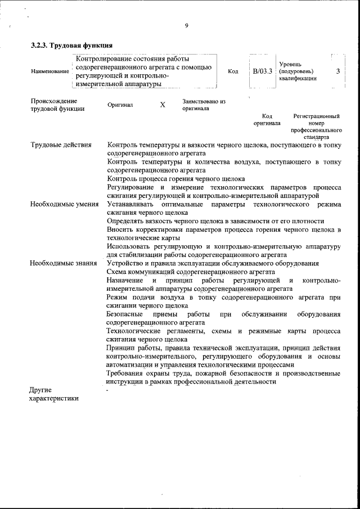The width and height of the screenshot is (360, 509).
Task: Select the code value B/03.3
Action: (262, 71)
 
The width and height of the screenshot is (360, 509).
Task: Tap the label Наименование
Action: (51, 71)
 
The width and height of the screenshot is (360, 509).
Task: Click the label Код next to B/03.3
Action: (233, 71)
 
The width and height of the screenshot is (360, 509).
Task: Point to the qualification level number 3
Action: (337, 71)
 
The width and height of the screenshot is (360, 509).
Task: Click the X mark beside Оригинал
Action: (163, 105)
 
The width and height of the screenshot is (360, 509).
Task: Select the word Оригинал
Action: (120, 105)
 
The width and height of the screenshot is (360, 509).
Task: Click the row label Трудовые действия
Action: (61, 146)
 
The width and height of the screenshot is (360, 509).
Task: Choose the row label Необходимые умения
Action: (64, 204)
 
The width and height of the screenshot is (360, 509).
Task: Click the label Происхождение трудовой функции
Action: (58, 105)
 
